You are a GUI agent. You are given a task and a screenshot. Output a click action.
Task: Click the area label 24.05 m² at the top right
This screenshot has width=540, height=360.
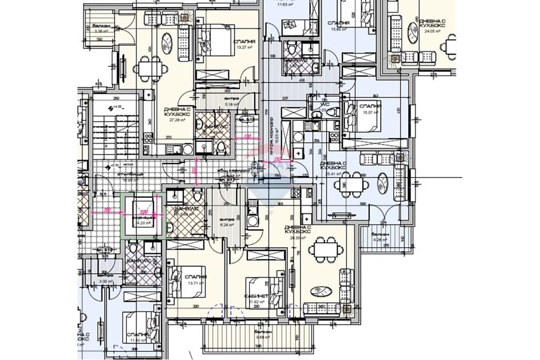point(431,31)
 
